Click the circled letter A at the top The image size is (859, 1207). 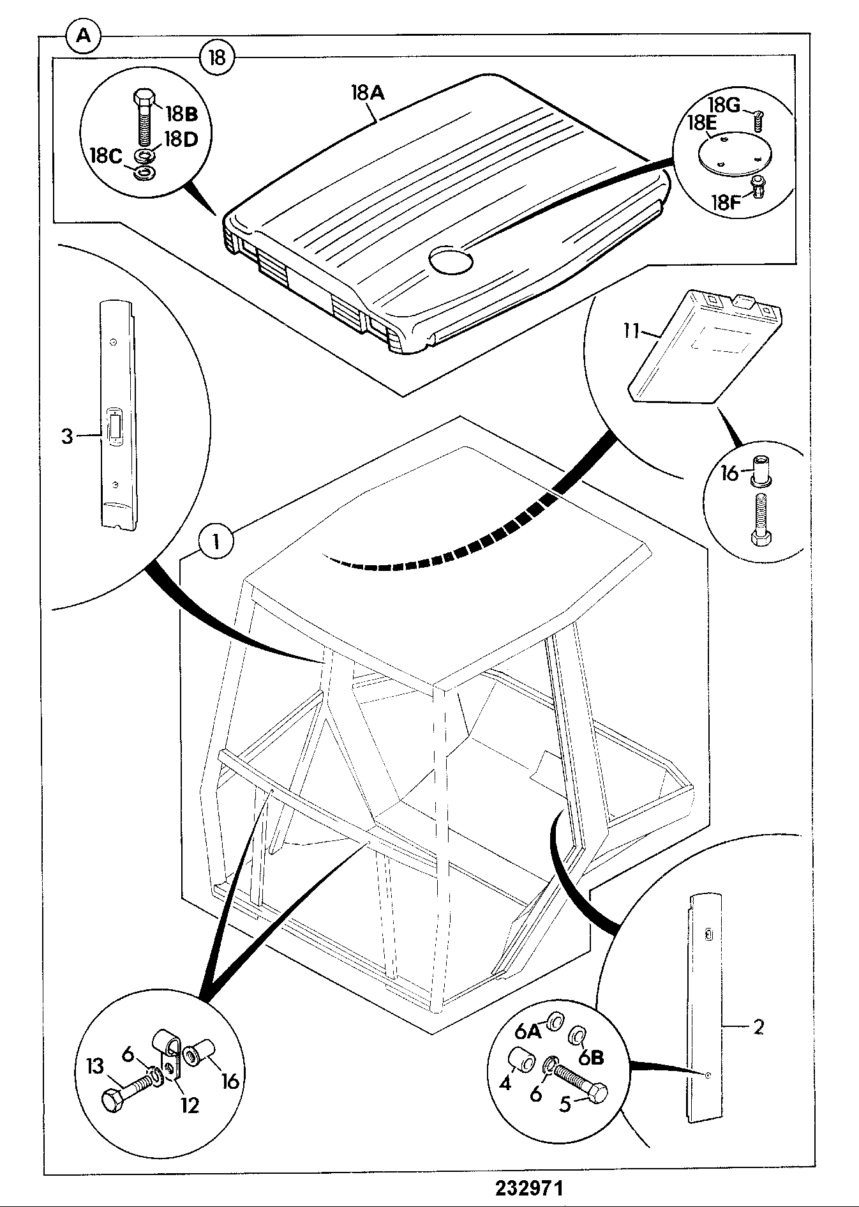[84, 36]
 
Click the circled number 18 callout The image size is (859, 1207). [218, 58]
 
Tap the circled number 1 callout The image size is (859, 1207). [216, 542]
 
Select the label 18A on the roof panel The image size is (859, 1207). [368, 93]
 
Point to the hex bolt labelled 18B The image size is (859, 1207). [144, 118]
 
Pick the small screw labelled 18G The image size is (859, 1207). [759, 119]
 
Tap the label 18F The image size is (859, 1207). [726, 202]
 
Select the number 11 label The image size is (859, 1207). [631, 332]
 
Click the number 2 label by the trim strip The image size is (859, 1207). [758, 1027]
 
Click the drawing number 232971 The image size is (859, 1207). [528, 1187]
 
